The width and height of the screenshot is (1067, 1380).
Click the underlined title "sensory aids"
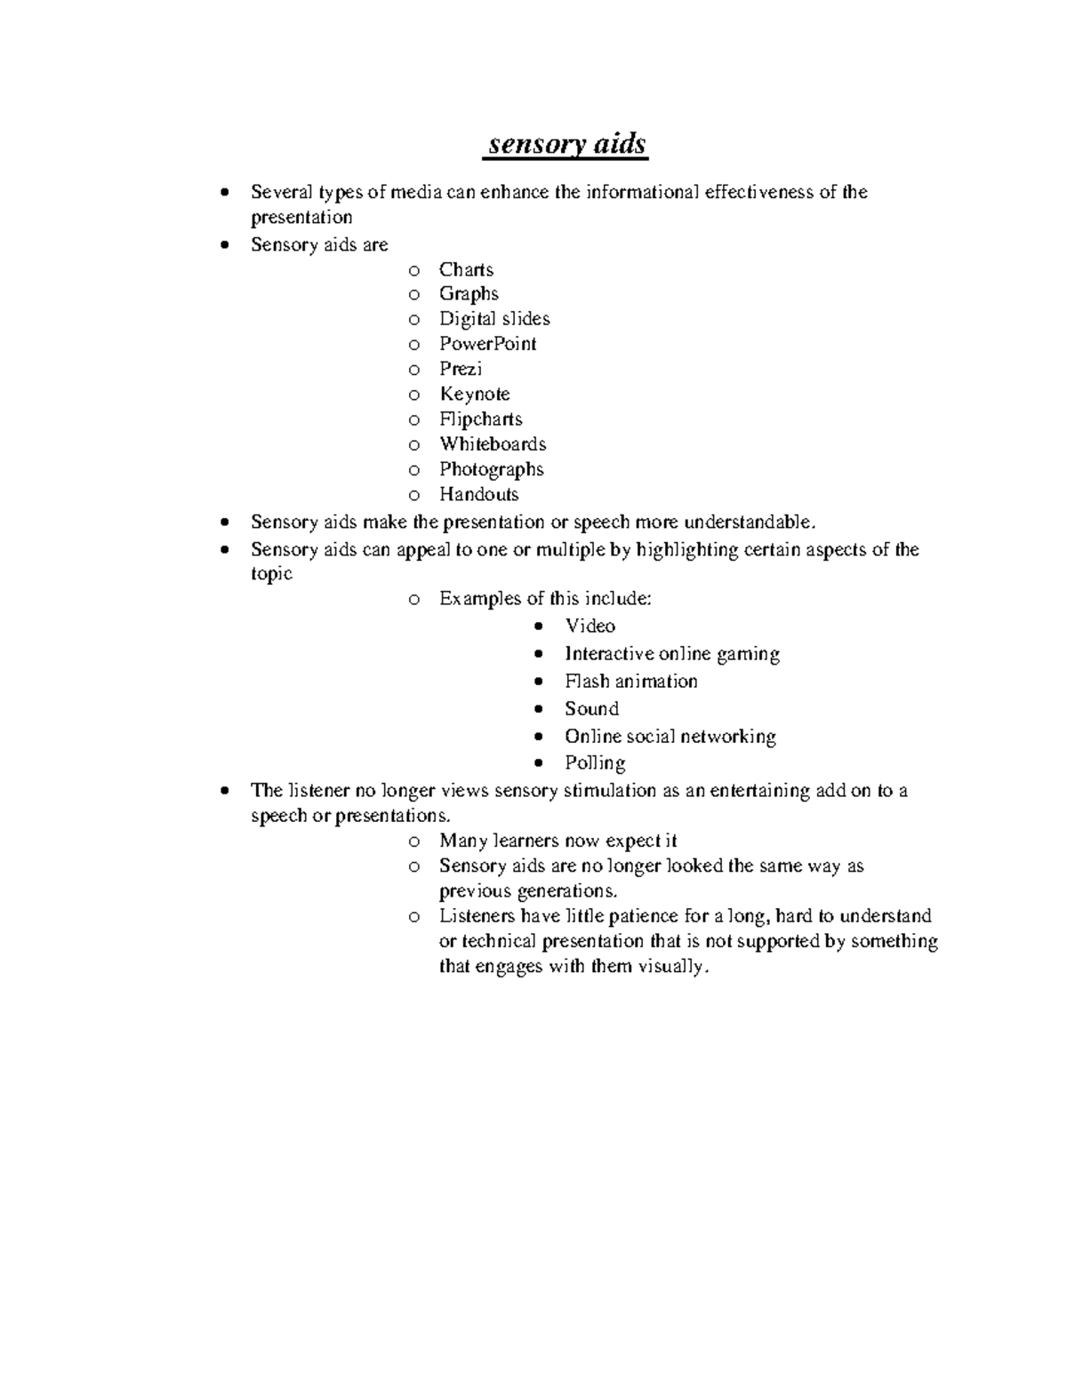click(566, 144)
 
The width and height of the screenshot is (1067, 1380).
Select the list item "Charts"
click(466, 269)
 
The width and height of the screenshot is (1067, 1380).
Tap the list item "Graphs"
click(469, 294)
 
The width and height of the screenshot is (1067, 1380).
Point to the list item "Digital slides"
click(494, 319)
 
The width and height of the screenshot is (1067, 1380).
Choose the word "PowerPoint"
click(487, 344)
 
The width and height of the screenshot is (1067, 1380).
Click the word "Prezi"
click(461, 369)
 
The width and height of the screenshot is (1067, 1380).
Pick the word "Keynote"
click(474, 394)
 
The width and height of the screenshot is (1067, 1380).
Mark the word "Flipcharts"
click(480, 419)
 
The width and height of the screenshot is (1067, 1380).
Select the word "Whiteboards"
click(493, 444)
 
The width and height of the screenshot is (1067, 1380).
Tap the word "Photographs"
click(491, 469)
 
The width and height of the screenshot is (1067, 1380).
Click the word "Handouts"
click(478, 494)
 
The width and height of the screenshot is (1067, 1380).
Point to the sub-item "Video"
click(590, 626)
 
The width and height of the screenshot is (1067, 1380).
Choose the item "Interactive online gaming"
click(672, 654)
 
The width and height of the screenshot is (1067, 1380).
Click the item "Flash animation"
click(630, 682)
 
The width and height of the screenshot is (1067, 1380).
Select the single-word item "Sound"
click(591, 709)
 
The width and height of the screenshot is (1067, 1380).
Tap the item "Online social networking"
click(670, 737)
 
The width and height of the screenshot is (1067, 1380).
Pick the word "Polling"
click(595, 763)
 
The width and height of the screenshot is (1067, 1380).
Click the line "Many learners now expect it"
click(558, 841)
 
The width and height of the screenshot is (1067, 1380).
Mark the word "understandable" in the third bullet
click(747, 522)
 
